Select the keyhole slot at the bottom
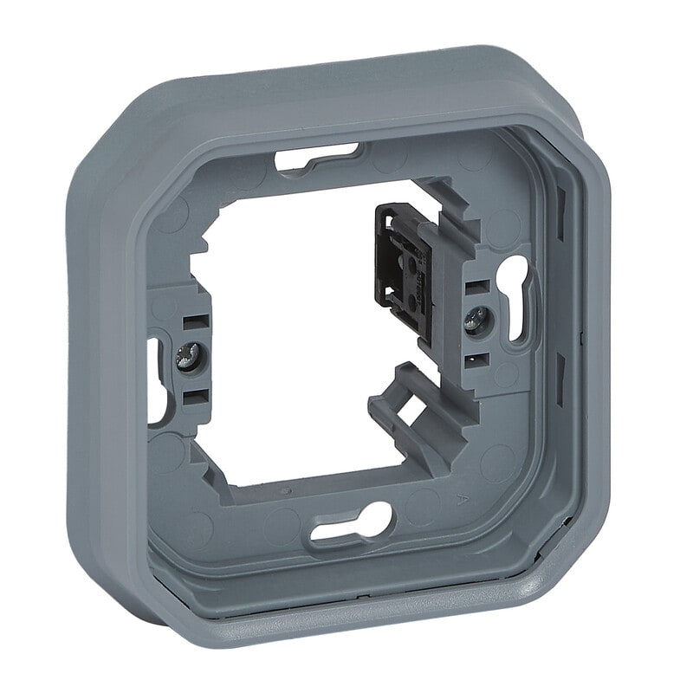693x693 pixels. [352, 525]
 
